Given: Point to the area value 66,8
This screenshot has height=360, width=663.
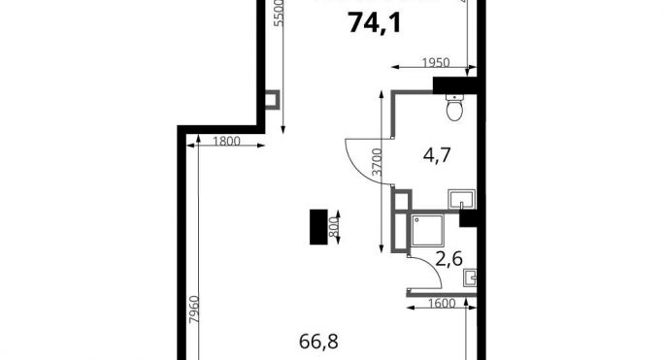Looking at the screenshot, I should (319, 342).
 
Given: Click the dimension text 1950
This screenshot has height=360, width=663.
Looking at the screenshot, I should (436, 63).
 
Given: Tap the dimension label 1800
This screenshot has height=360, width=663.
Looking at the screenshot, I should (225, 142).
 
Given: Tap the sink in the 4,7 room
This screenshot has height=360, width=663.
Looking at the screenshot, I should (460, 200).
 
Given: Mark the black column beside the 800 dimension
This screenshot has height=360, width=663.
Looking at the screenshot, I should (317, 229).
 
